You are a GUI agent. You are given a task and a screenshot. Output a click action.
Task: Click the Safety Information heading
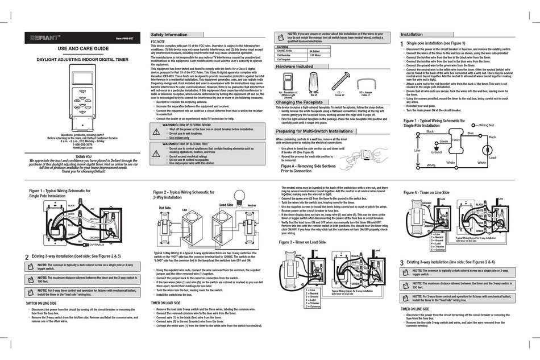(x=169, y=35)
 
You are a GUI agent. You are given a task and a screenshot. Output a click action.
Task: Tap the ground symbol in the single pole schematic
(x=437, y=147)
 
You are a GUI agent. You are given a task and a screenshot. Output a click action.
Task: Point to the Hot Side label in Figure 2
(x=165, y=208)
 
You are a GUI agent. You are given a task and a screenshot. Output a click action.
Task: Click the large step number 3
(x=402, y=262)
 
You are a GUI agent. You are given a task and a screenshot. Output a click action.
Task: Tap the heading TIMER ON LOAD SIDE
(x=167, y=303)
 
